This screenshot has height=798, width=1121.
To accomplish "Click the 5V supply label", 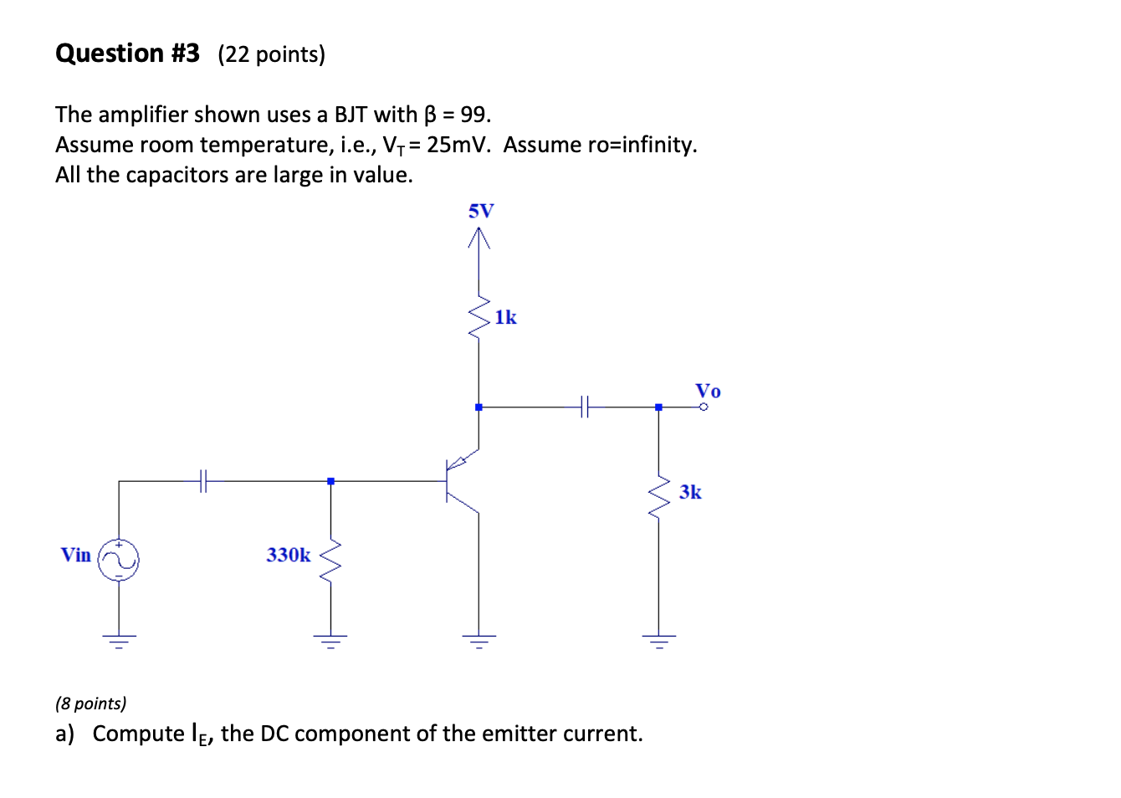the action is (481, 211).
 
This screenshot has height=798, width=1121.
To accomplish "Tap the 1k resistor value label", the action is (505, 318).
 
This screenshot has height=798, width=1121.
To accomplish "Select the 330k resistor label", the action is (288, 555).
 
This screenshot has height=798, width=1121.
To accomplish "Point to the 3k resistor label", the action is (690, 492).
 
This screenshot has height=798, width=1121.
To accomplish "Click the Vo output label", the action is (708, 391).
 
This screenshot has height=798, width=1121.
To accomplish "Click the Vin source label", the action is (75, 555).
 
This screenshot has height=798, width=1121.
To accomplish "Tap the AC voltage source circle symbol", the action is (119, 560).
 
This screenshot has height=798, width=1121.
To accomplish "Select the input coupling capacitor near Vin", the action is (203, 481).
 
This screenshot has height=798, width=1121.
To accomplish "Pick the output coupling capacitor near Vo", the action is (585, 407).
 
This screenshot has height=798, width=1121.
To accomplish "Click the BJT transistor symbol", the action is (460, 481).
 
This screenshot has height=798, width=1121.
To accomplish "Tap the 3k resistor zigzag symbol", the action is (659, 497).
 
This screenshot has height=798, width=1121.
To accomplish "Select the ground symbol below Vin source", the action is (119, 641).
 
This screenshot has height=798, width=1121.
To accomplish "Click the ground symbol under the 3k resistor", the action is (659, 641).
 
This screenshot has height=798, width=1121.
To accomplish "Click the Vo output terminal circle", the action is (704, 407).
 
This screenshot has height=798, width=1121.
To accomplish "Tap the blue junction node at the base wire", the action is (331, 481).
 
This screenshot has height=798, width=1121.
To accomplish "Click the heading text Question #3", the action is (127, 54).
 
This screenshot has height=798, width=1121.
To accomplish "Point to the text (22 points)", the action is (271, 54).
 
